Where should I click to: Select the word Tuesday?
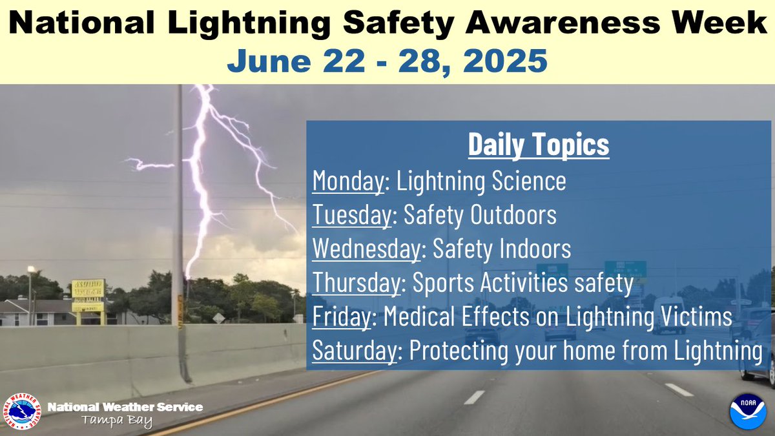[x=351, y=216]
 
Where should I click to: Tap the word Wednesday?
[x=366, y=249]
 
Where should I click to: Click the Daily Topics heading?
[x=538, y=145]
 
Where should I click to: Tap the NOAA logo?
[x=747, y=410]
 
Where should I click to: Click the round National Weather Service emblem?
[x=23, y=411]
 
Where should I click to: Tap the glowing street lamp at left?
[x=30, y=269]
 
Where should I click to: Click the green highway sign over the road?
[x=625, y=267]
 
